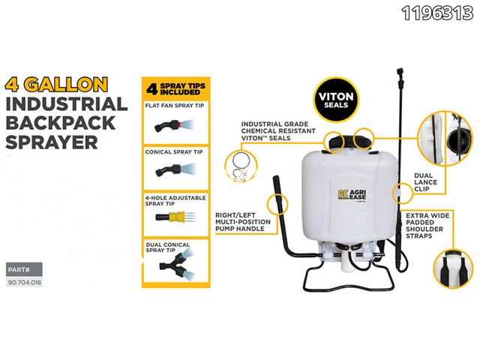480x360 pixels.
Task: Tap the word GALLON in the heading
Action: (x=73, y=83)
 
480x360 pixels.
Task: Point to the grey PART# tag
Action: (x=20, y=269)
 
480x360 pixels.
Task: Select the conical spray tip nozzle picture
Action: (x=169, y=172)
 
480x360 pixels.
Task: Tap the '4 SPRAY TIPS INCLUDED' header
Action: (x=175, y=90)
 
